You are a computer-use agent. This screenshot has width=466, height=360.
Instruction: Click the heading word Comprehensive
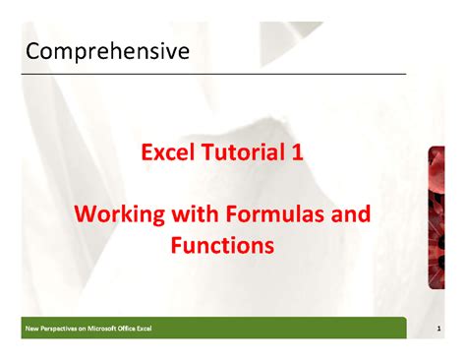107,50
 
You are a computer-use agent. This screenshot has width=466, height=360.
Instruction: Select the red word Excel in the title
164,153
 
